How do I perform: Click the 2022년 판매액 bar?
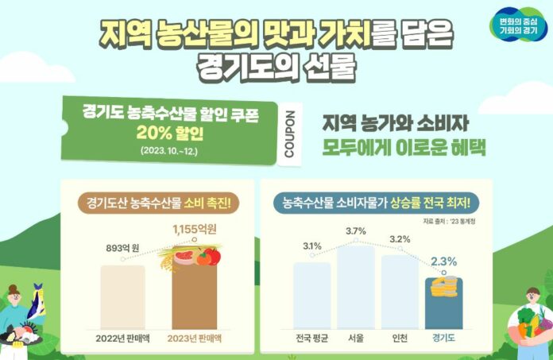(x=122, y=293)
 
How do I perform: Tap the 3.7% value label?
(x=355, y=231)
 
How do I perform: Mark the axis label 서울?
(x=356, y=337)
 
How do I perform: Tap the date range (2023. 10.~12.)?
(x=170, y=149)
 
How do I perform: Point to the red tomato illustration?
(x=209, y=256)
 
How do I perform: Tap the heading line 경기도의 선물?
(x=276, y=66)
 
